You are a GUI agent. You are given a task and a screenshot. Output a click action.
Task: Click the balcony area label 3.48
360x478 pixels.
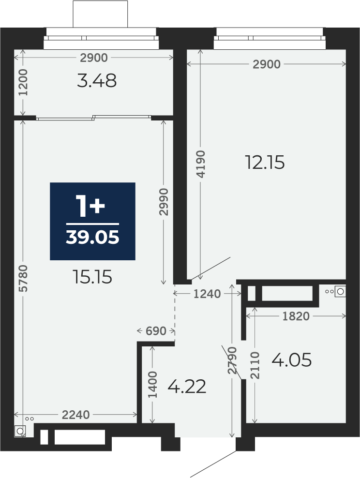click(x=97, y=81)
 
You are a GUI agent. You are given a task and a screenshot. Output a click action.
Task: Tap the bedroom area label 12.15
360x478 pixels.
click(x=265, y=162)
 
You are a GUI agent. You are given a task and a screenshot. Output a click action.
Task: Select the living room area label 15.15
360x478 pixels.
click(x=93, y=277)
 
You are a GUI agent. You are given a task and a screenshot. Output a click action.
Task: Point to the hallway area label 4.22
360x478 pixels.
click(x=187, y=387)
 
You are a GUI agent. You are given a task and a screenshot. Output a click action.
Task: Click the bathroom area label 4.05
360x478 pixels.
click(x=291, y=360)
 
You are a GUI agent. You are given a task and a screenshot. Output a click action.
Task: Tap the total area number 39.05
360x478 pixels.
click(x=92, y=237)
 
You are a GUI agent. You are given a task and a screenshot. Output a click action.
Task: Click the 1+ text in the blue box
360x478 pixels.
click(x=90, y=207)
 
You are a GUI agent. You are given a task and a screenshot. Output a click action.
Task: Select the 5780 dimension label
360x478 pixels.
click(x=23, y=278)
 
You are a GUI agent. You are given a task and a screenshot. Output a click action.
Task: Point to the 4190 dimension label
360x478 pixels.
click(x=201, y=164)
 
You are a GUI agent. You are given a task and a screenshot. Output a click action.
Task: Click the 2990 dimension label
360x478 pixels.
click(x=164, y=202)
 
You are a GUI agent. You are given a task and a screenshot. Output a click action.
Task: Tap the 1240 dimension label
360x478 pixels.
click(x=207, y=294)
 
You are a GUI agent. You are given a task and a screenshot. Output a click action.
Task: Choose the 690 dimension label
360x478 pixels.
click(x=156, y=331)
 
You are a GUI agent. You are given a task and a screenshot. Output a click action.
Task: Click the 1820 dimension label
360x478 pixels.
click(x=296, y=316)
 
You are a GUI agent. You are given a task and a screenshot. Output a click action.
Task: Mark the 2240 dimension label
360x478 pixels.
click(x=76, y=415)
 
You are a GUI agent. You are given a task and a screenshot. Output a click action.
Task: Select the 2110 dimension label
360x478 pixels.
click(x=255, y=365)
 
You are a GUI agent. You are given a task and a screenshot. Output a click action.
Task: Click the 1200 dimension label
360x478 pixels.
click(x=23, y=82)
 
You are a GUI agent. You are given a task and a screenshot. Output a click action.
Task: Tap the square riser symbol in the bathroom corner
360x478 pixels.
click(x=340, y=291)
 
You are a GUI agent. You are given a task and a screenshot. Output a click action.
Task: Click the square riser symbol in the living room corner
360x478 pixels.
click(x=20, y=432)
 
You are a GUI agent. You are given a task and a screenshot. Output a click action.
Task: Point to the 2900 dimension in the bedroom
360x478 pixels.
click(x=267, y=64)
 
